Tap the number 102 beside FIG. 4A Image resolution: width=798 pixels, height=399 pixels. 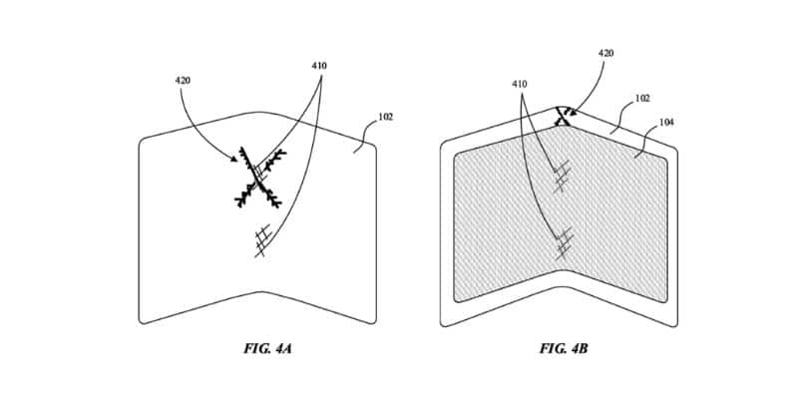click(386, 116)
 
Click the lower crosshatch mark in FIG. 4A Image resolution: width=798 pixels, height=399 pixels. click(262, 239)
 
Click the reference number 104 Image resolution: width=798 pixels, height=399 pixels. click(665, 122)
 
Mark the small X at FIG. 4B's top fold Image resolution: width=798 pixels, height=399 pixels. click(564, 116)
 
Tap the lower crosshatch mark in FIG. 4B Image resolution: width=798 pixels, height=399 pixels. click(565, 240)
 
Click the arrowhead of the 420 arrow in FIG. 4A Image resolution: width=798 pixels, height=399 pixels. click(240, 160)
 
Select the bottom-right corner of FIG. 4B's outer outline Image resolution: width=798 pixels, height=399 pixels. click(677, 323)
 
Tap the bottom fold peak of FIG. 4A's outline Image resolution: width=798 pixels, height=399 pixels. click(259, 292)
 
